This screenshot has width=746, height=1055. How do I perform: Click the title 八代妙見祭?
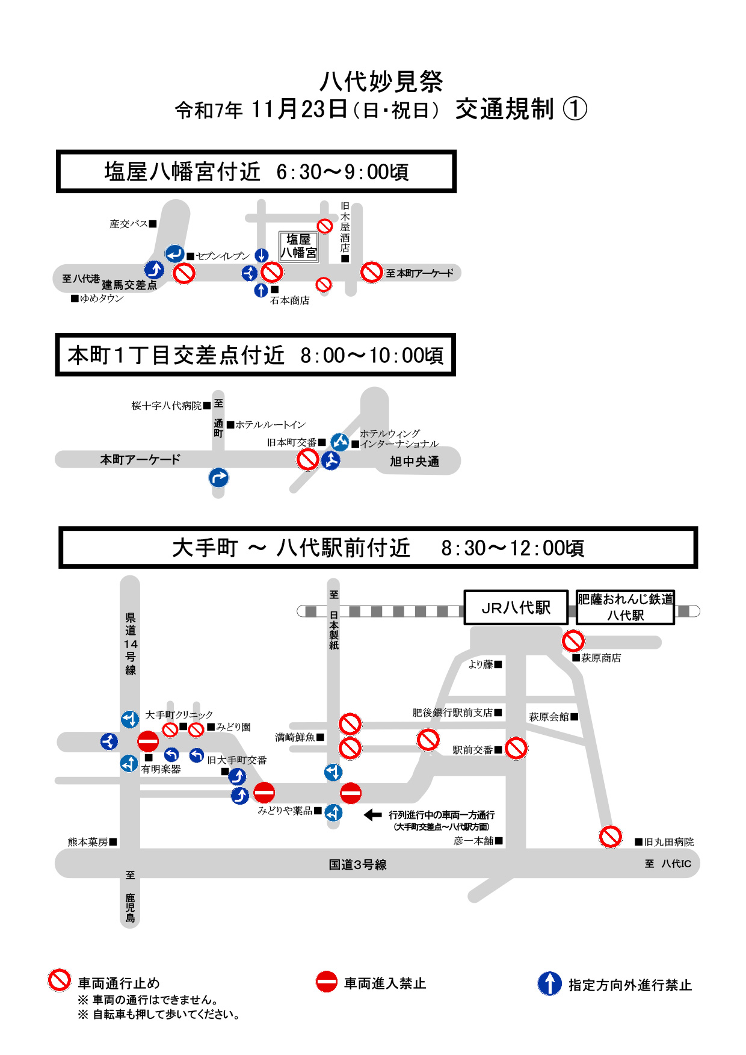point(381,82)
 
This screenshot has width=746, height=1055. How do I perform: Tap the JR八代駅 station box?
point(516,607)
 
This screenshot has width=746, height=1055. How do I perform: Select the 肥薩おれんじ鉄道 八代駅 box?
point(625,607)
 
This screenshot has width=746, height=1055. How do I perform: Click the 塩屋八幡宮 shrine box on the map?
point(298,246)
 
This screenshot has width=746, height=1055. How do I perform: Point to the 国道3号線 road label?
point(357,865)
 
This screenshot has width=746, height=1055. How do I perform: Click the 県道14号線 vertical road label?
point(131,644)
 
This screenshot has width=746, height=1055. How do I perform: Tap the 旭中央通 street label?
point(415,462)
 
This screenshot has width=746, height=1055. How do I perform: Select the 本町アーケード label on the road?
point(140,460)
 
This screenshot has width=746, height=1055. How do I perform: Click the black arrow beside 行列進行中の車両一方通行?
point(373,815)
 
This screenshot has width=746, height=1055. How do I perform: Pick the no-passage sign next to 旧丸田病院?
point(610,837)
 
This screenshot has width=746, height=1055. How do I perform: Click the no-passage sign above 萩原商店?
point(573,640)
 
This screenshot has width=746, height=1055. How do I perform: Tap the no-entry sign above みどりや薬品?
point(264,792)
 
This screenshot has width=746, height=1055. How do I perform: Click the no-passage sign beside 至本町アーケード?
point(372,272)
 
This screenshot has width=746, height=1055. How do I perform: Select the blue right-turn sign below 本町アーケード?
point(218,478)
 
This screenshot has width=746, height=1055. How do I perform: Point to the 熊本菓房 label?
point(88,842)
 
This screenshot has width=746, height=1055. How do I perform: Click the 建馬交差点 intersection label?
point(129,285)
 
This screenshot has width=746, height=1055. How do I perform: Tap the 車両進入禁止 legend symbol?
point(327,982)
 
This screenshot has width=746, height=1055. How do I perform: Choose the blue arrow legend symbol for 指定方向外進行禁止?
point(549,983)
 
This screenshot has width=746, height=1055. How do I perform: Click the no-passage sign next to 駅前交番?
point(516,748)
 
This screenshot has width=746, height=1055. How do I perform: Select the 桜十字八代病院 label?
point(167,406)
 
